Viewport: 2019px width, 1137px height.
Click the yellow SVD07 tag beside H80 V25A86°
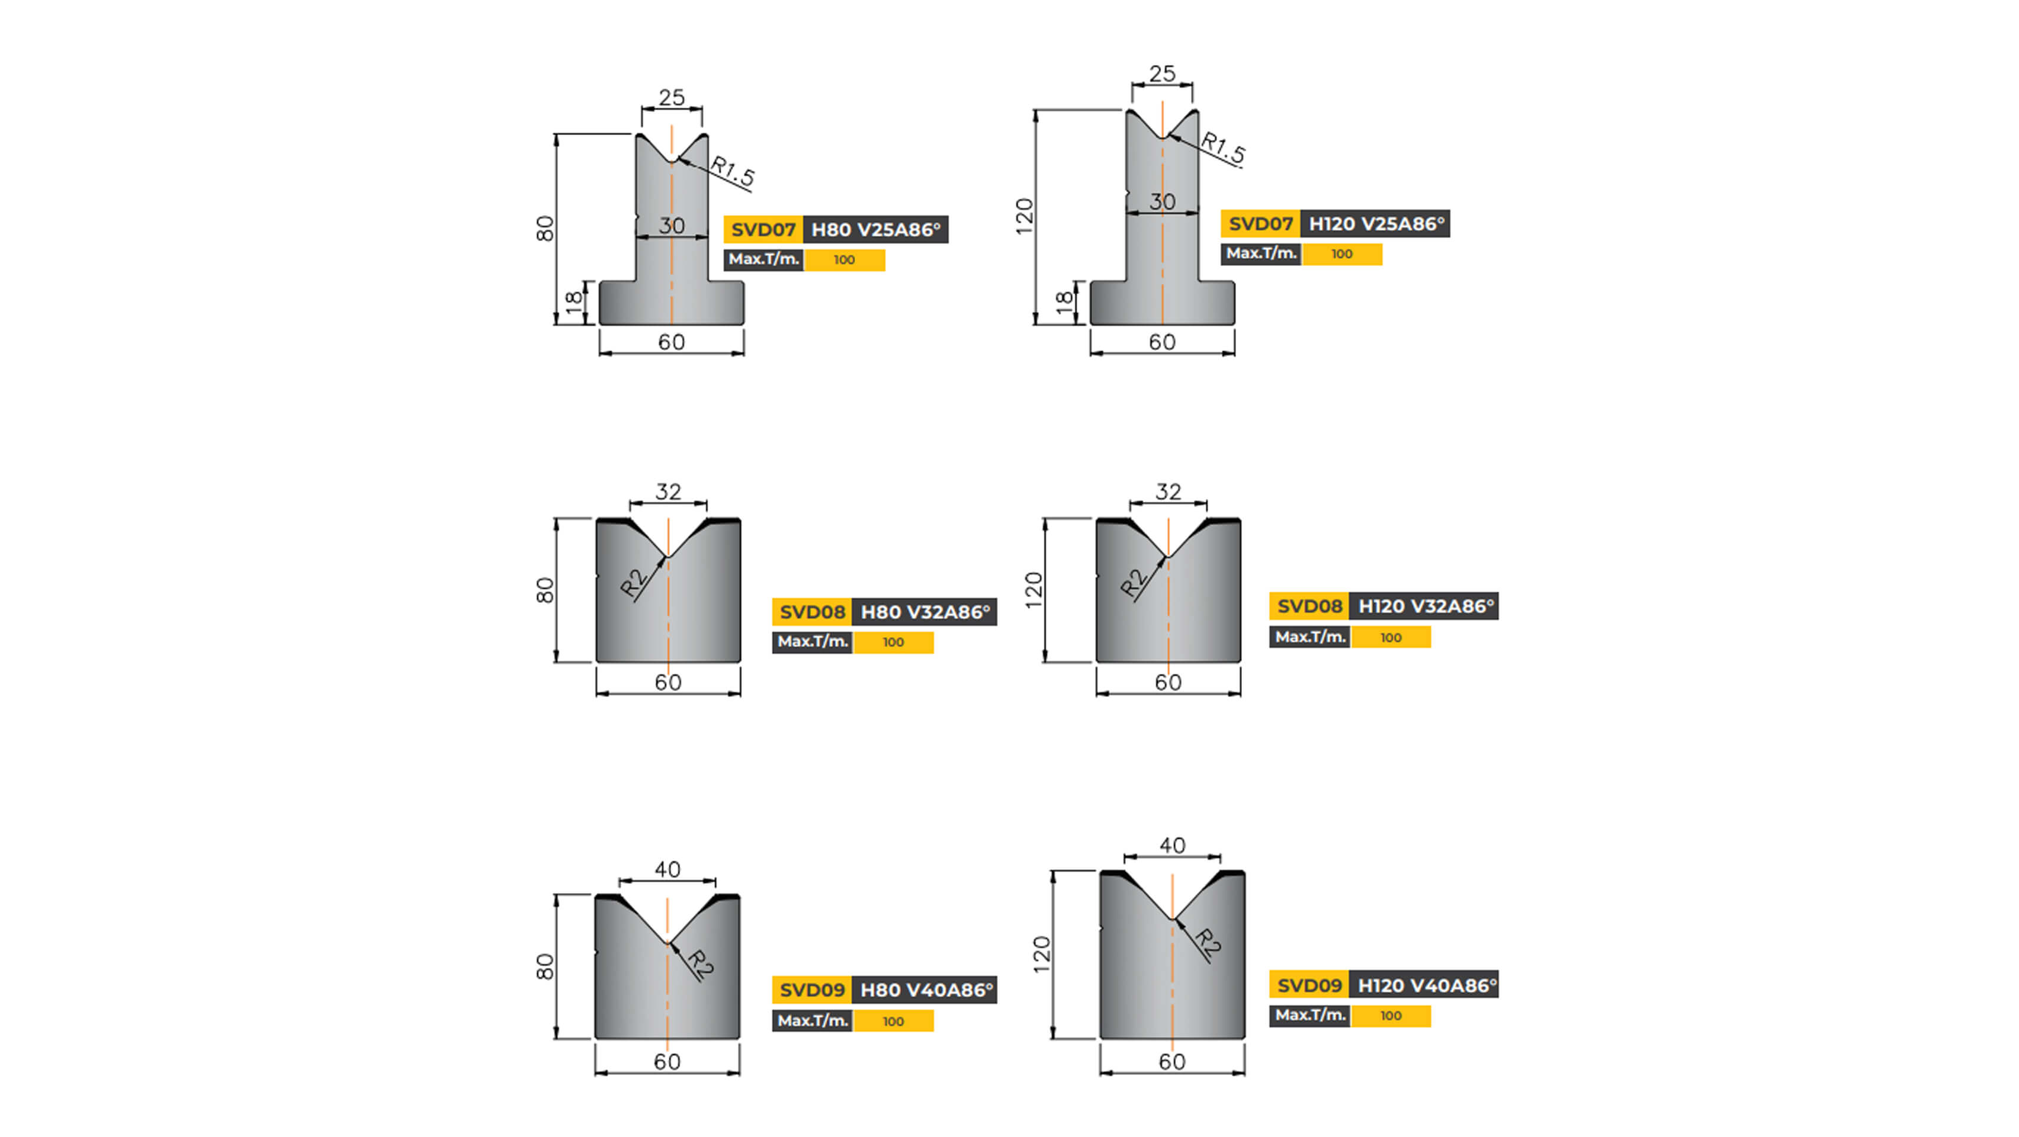763,230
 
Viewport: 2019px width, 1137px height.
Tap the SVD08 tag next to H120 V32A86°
1309,606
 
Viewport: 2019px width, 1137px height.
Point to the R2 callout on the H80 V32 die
633,582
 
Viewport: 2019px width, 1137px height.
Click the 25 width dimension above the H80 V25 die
672,98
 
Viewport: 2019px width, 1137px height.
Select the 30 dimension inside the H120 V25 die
1163,201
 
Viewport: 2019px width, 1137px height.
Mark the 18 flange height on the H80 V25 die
574,301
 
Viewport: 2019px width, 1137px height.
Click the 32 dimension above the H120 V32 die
1168,492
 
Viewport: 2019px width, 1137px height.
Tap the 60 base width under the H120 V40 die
1171,1062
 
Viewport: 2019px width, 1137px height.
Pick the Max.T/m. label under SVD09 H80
812,1020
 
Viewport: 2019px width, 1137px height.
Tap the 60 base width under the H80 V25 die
671,342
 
